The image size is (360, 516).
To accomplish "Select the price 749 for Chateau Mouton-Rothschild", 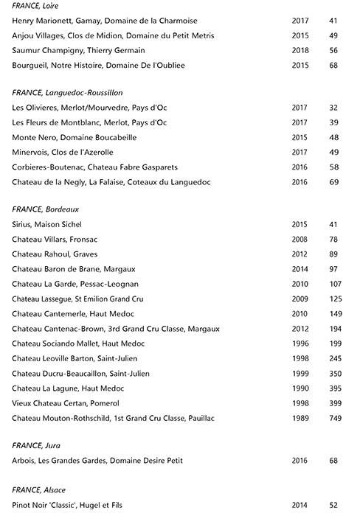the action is coord(336,419).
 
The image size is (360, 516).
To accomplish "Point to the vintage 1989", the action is coord(300,419).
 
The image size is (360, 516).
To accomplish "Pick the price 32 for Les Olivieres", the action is coord(333,108).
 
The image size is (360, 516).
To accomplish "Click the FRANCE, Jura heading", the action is coord(36,446).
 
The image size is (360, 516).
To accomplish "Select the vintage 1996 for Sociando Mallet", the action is coord(300,344).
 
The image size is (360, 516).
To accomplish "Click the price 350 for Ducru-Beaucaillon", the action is coord(336,374).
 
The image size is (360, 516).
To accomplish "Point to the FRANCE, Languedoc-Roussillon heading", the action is coord(67,93).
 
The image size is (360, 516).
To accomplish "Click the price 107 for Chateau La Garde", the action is coord(336,284).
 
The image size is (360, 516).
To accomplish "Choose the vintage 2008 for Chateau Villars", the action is coord(300,239).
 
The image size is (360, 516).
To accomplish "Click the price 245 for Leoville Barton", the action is coord(336,359).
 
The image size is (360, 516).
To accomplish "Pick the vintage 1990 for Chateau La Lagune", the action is coord(300,388).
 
